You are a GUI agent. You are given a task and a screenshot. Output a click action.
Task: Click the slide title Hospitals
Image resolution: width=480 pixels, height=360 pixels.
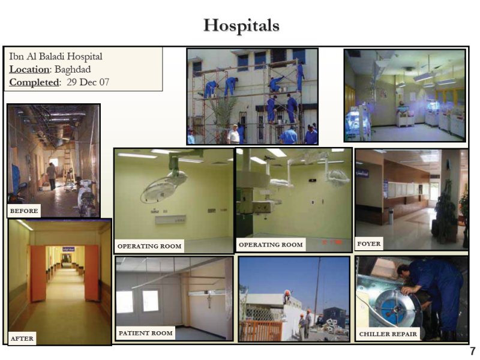[x=241, y=26]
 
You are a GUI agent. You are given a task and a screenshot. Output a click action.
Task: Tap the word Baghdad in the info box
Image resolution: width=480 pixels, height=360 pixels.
[x=73, y=70]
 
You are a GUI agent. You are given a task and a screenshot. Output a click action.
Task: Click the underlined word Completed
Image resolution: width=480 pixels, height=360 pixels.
[x=34, y=82]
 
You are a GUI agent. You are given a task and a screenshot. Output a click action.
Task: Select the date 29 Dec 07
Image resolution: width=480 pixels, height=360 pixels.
[x=88, y=82]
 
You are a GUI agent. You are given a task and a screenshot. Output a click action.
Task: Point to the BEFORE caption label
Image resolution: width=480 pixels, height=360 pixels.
[x=24, y=211]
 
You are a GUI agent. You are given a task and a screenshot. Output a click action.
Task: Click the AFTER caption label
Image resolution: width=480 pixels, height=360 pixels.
[x=22, y=338]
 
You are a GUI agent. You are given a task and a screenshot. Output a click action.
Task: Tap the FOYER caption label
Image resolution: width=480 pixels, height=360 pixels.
[x=369, y=244]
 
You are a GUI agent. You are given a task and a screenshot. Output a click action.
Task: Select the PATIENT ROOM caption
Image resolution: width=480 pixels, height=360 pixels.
[x=146, y=333]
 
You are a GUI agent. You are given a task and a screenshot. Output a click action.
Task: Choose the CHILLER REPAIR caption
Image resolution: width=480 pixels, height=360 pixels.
[x=388, y=334]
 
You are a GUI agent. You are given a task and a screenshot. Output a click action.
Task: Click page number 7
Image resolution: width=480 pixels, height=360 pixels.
[x=473, y=351]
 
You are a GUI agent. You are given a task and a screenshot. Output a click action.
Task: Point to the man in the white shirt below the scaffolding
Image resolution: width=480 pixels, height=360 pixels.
[x=234, y=134]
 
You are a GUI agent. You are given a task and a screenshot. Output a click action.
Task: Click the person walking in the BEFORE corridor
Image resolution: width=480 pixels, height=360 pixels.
[x=52, y=176]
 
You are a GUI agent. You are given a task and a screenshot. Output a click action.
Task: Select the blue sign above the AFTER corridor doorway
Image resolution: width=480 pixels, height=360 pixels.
[x=68, y=249]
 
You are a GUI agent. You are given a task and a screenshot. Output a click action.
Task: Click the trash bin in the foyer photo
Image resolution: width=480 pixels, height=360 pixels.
[x=391, y=216]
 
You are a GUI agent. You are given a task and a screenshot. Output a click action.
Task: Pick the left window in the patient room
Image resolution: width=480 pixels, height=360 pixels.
[x=125, y=302]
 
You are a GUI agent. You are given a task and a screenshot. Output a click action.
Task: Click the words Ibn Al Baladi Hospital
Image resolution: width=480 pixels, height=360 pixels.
[x=56, y=56]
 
